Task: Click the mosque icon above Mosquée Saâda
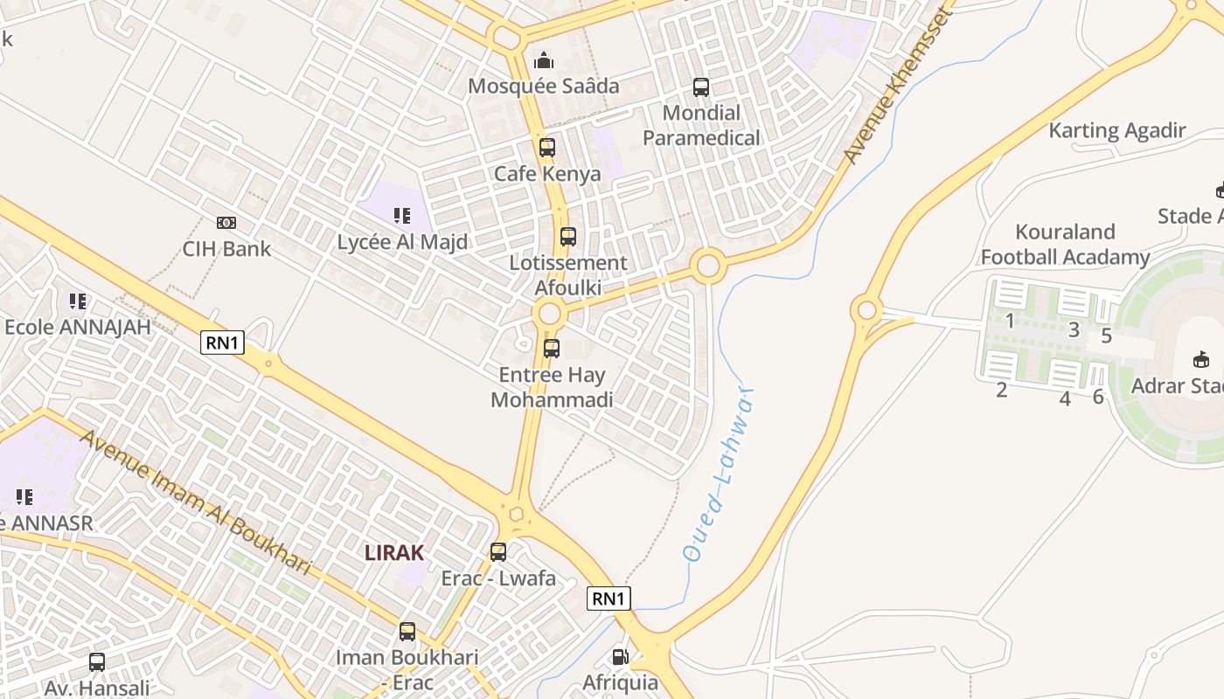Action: [x=544, y=60]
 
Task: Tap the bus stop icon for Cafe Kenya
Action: [x=547, y=148]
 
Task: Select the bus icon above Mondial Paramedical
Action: [x=701, y=87]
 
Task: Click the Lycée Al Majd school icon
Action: [x=402, y=215]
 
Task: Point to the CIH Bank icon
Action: [x=226, y=223]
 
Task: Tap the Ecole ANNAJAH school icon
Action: [x=78, y=301]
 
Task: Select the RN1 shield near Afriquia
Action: [x=609, y=599]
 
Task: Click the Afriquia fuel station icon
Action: [x=620, y=656]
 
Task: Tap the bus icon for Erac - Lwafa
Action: [x=498, y=552]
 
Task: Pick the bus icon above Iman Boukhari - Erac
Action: [x=407, y=631]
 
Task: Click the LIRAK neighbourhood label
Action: [x=394, y=552]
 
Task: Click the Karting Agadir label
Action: [x=1117, y=131]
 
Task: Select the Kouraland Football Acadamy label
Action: [x=1065, y=245]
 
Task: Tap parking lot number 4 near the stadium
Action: [x=1065, y=399]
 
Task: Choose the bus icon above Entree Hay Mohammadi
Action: [x=552, y=349]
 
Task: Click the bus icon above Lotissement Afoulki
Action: [x=568, y=236]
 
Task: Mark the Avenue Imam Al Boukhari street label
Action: [x=196, y=501]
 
